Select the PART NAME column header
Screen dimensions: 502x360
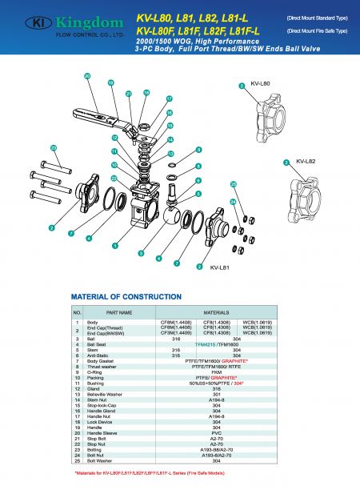pos(119,311)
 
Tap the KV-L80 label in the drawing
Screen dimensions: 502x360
pos(261,82)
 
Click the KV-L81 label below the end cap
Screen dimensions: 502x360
pos(220,267)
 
